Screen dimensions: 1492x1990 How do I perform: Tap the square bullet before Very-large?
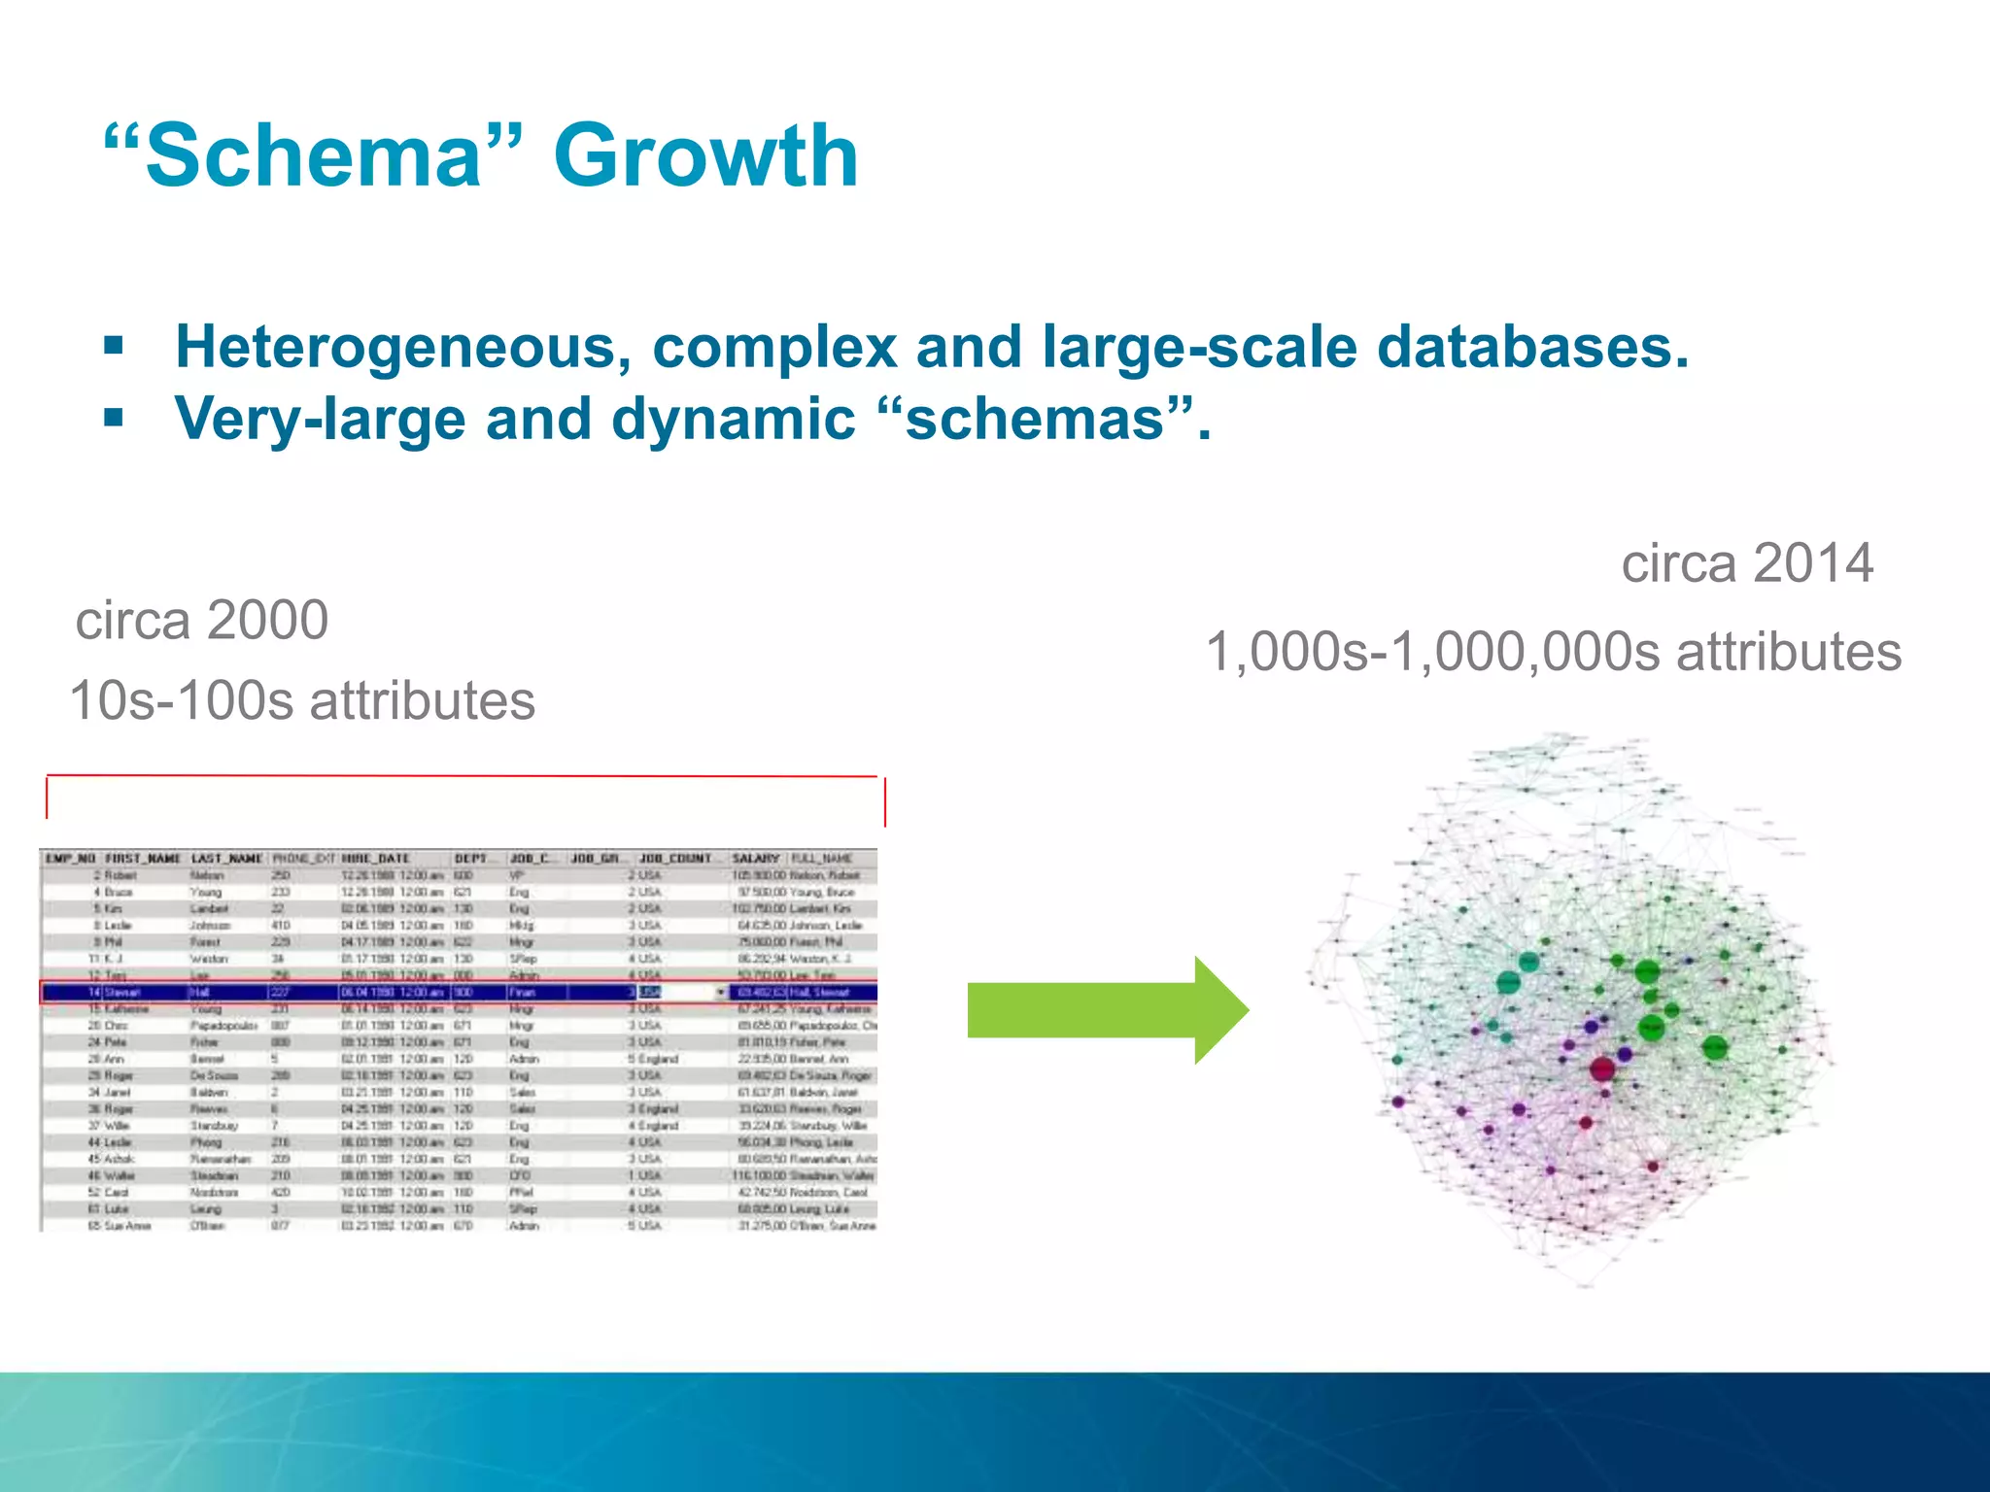(x=115, y=419)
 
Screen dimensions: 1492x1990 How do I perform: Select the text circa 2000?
(x=202, y=620)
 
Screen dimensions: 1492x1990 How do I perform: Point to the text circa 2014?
(x=1746, y=563)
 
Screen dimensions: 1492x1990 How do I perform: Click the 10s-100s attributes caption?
(x=302, y=700)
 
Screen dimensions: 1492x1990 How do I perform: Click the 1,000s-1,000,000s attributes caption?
(x=1553, y=651)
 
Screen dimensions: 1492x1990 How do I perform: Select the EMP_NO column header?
(x=71, y=859)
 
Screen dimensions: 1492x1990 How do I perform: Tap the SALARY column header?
(x=756, y=859)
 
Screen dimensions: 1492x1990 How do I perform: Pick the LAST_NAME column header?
(x=227, y=859)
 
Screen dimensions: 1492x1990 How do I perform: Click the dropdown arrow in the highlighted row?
(x=721, y=992)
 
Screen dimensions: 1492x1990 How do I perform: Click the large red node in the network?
(x=1602, y=1069)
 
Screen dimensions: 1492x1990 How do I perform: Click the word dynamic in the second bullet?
(x=734, y=419)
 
